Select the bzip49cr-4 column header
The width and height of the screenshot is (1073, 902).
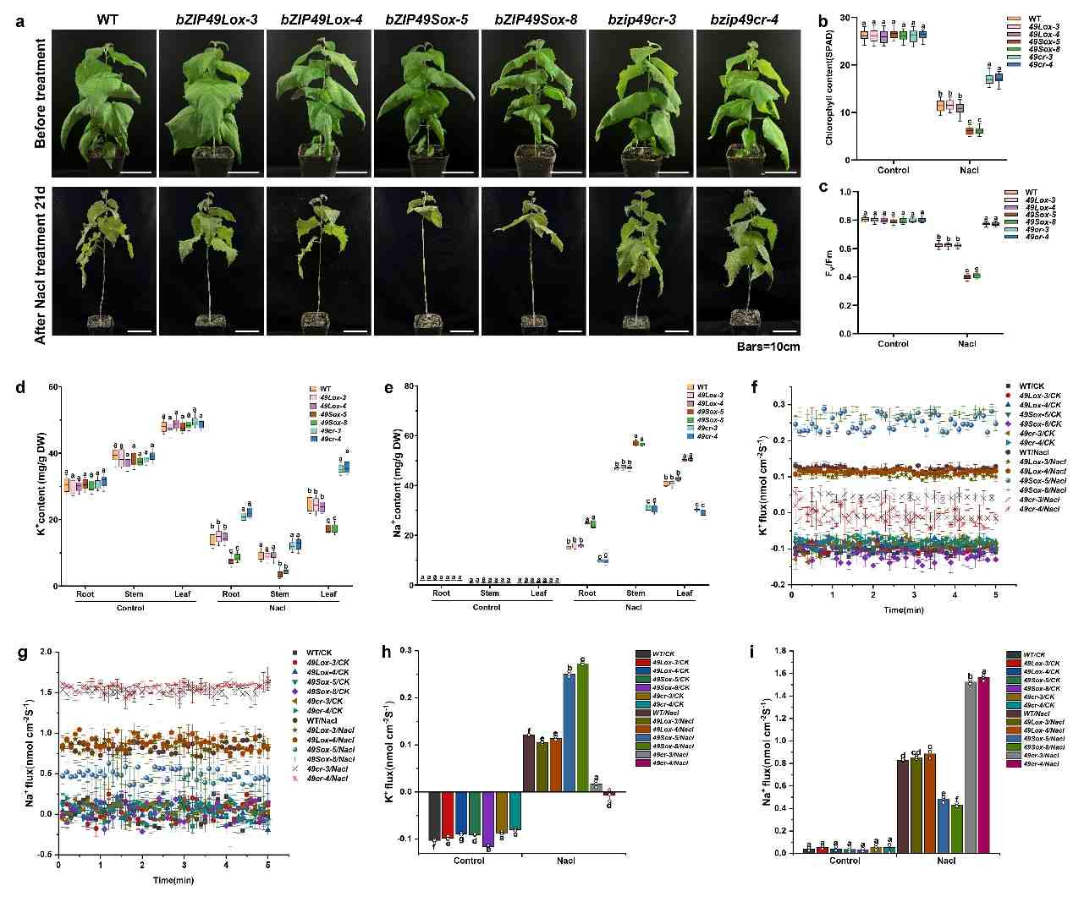tap(745, 19)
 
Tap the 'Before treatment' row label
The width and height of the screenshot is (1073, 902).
tap(40, 93)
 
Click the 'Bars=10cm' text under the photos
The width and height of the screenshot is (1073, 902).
tap(768, 347)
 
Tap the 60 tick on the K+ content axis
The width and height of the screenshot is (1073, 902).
tap(52, 387)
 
